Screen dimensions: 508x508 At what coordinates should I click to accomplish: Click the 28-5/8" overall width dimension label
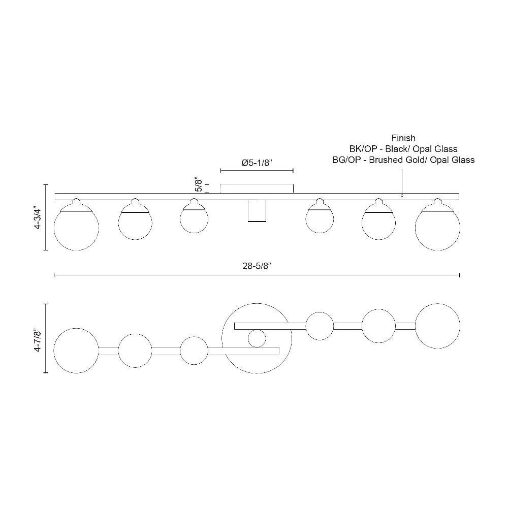257,266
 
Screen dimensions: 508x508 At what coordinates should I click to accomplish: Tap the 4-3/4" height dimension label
38,217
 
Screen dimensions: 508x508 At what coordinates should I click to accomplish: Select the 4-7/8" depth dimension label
38,338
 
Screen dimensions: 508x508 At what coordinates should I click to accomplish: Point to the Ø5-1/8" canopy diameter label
257,163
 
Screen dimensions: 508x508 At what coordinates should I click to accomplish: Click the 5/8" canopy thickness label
198,184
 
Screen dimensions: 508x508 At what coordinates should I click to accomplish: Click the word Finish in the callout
403,138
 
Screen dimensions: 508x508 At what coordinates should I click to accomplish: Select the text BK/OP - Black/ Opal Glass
403,149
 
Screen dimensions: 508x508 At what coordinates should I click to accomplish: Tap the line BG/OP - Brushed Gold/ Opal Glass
403,160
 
